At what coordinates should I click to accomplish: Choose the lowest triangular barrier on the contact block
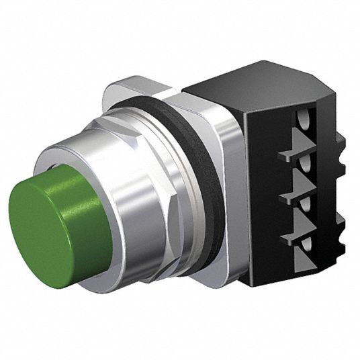point(296,235)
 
